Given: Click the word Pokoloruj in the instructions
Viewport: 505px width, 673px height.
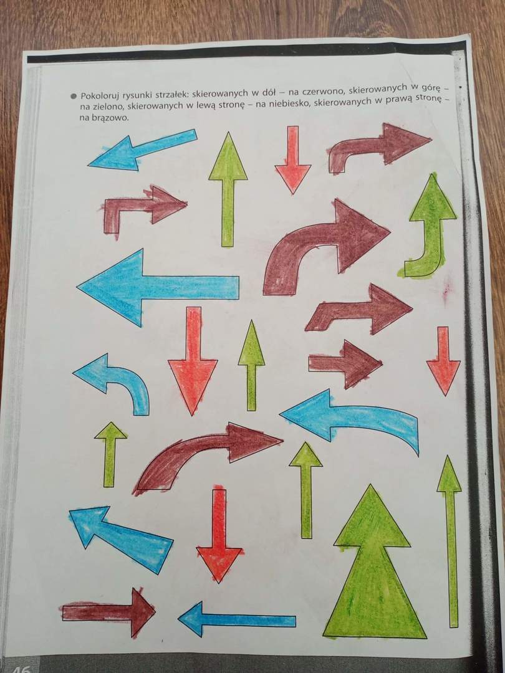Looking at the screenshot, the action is (100, 95).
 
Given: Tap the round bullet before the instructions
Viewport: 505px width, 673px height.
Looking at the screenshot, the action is (74, 95).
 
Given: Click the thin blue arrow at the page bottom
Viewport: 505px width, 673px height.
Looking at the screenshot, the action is (237, 620).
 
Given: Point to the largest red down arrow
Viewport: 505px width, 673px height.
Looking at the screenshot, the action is (193, 361).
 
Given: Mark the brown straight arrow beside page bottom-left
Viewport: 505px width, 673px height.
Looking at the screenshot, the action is (108, 612).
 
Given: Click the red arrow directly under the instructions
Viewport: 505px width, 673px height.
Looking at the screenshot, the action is (293, 160).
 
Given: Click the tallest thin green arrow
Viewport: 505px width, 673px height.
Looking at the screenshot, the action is (450, 542).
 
